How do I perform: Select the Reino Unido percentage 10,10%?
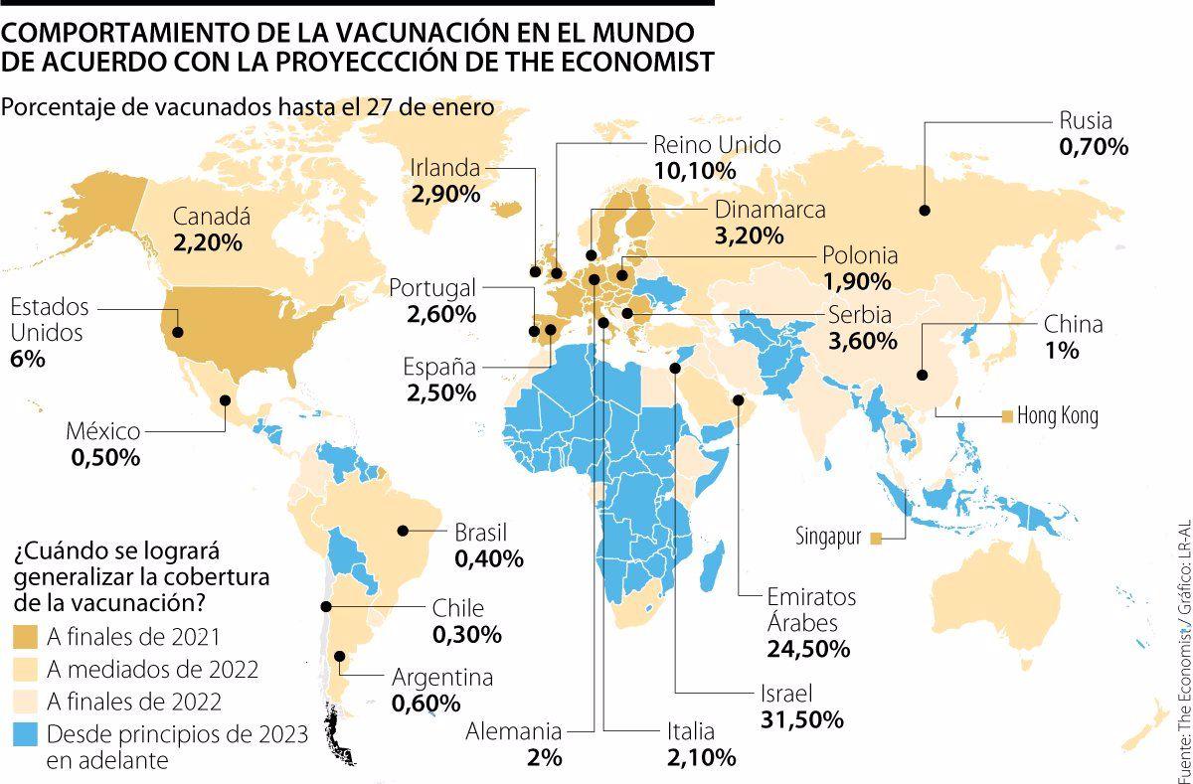point(695,171)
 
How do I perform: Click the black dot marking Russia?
point(925,210)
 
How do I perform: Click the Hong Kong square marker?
point(1006,415)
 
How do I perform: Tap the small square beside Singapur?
point(876,539)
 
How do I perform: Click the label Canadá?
point(211,217)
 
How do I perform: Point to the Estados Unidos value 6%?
point(28,360)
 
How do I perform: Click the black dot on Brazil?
point(404,531)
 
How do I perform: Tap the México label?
point(103,431)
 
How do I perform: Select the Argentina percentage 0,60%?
point(426,704)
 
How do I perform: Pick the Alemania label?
point(515,731)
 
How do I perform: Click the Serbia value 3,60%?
point(863,341)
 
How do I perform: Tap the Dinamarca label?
point(770,210)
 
